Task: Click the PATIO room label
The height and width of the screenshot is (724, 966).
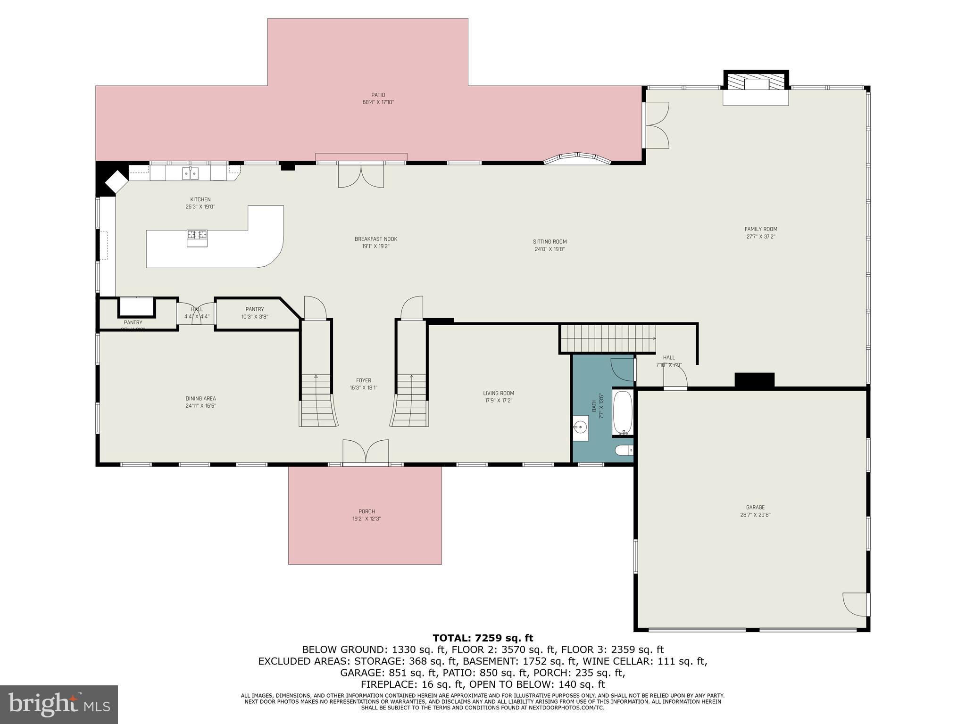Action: click(378, 95)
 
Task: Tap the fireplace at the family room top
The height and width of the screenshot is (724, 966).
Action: click(756, 88)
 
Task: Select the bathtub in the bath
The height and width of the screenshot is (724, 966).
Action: click(623, 412)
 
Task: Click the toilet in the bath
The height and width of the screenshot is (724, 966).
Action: click(624, 451)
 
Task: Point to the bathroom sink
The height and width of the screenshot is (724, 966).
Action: click(581, 428)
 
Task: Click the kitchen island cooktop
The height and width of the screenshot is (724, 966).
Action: click(197, 234)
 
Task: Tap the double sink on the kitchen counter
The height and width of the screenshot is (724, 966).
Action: click(190, 173)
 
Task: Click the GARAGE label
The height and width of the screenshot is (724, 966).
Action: click(755, 507)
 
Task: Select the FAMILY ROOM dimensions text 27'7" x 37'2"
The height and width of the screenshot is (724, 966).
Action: click(760, 237)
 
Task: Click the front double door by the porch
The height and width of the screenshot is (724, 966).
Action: click(366, 452)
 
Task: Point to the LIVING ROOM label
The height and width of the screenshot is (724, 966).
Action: click(498, 393)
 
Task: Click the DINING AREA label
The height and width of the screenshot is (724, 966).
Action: click(200, 398)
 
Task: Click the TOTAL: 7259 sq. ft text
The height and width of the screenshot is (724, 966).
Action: click(483, 638)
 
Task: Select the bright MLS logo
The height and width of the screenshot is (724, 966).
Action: click(58, 704)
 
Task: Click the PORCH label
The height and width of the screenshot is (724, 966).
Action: click(366, 511)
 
